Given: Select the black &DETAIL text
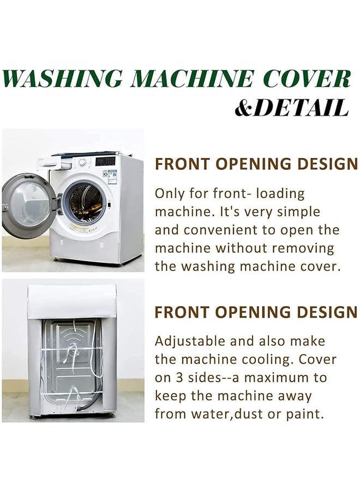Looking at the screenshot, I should coord(291,107).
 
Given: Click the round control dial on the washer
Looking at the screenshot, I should coord(82,162).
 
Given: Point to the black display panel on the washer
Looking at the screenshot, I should coord(105,161).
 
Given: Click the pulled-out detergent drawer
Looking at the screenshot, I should coord(50,162).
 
